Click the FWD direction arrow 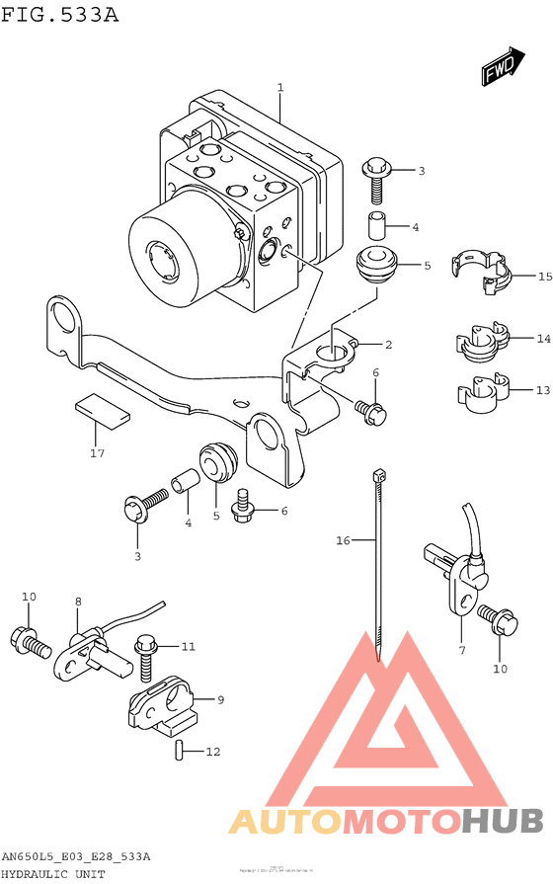click(x=503, y=66)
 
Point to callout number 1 click(x=280, y=88)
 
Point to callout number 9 click(x=220, y=699)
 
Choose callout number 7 click(x=461, y=649)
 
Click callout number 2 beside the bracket click(x=388, y=345)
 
